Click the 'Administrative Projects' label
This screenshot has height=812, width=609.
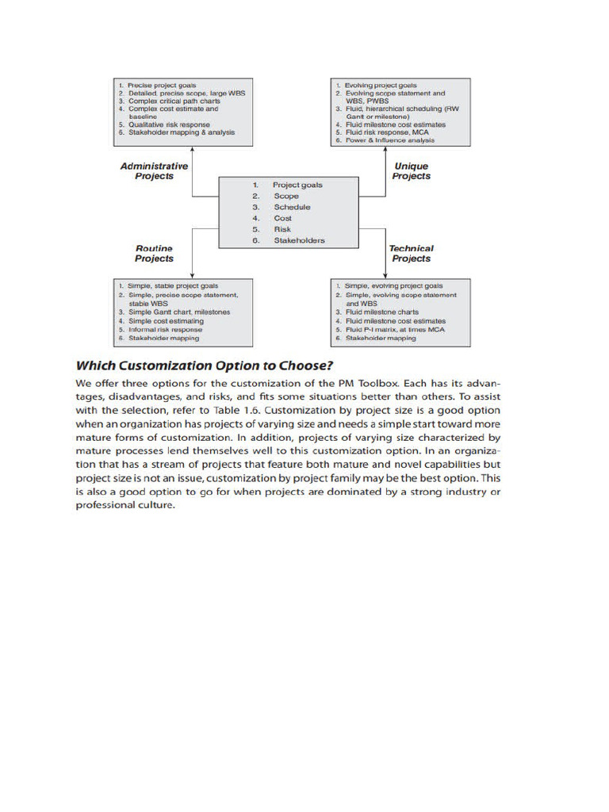pyautogui.click(x=154, y=171)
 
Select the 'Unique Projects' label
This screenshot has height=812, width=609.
pyautogui.click(x=411, y=171)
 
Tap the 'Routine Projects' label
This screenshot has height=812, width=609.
pyautogui.click(x=154, y=254)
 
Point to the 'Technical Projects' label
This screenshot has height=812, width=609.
pyautogui.click(x=411, y=254)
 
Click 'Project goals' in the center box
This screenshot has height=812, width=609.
pyautogui.click(x=297, y=185)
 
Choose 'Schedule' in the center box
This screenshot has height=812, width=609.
pyautogui.click(x=292, y=207)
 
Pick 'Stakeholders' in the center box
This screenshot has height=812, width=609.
pyautogui.click(x=299, y=240)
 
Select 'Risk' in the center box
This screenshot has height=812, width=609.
pyautogui.click(x=282, y=229)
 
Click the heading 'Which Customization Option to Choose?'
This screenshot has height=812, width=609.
pyautogui.click(x=204, y=366)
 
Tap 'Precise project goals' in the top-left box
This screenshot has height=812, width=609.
pyautogui.click(x=162, y=86)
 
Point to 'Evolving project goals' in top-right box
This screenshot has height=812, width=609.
pyautogui.click(x=380, y=86)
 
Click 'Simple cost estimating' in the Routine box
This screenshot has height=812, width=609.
pyautogui.click(x=166, y=321)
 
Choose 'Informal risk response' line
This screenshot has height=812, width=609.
pyautogui.click(x=165, y=330)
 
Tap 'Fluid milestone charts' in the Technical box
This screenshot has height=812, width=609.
pyautogui.click(x=381, y=312)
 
